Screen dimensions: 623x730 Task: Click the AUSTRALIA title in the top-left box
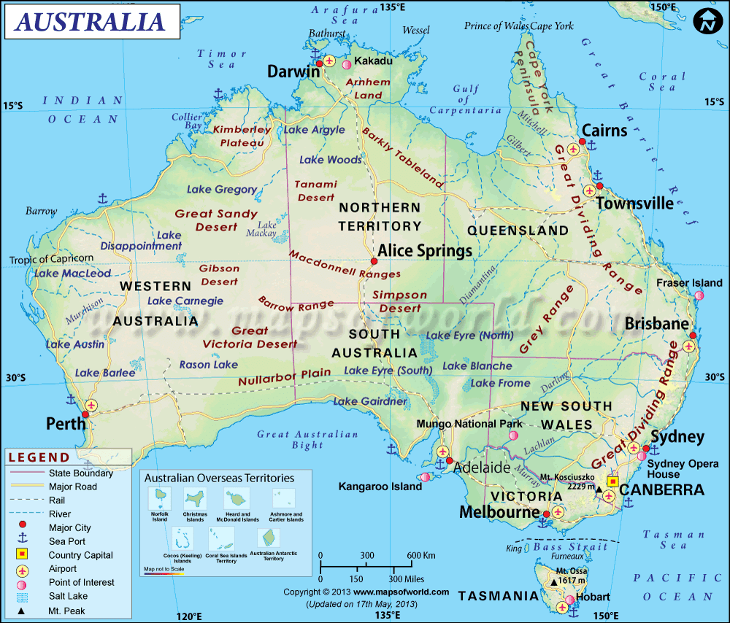pos(91,21)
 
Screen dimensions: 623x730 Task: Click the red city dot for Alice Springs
pos(374,261)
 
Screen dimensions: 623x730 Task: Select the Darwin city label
pos(293,71)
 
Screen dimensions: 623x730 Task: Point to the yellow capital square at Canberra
pos(612,481)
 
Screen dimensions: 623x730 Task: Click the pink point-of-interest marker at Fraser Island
pos(699,295)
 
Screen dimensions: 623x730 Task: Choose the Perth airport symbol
pos(91,404)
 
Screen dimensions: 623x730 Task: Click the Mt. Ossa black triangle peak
pos(553,581)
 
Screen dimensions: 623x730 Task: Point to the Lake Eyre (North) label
pos(469,336)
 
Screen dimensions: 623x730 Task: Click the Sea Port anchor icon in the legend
pos(23,541)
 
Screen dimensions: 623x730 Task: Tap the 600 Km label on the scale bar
pos(420,555)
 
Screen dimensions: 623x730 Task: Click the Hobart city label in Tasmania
pos(593,597)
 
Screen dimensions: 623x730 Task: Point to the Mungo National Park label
pos(469,423)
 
